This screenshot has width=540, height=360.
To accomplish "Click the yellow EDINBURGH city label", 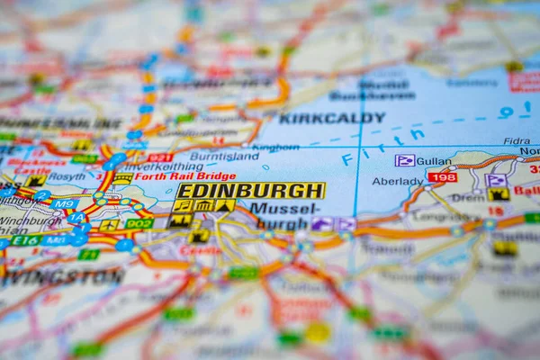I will (250, 191).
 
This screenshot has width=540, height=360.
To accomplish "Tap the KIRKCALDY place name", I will (331, 118).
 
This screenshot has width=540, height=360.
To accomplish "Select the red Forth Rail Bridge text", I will (184, 176).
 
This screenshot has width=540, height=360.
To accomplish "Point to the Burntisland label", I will (224, 157).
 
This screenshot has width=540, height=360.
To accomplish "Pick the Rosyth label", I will (67, 177).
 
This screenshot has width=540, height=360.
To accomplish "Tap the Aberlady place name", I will (397, 181).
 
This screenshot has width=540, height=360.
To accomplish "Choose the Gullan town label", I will (434, 161).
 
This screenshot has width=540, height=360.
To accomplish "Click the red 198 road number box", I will (442, 177).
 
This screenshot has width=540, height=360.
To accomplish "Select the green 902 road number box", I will (139, 223).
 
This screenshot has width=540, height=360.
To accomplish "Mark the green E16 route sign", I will (25, 240).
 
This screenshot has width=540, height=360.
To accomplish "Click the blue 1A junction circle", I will (77, 218).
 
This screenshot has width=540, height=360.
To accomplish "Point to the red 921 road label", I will (159, 157).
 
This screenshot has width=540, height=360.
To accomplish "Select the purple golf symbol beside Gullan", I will (404, 160).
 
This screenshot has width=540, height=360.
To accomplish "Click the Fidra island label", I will (517, 141).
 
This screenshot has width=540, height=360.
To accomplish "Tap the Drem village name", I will (466, 197).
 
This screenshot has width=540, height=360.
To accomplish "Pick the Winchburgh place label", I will (29, 220).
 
